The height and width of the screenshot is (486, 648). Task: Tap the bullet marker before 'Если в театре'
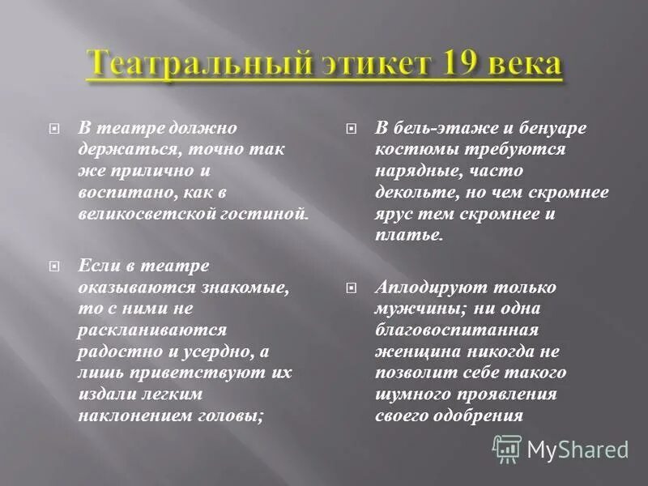tap(54, 266)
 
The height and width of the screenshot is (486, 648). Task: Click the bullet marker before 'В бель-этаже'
tap(351, 128)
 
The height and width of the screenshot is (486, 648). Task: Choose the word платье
tap(409, 235)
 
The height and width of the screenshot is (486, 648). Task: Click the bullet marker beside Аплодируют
tap(351, 288)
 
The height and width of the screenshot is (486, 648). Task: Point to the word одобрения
tap(479, 415)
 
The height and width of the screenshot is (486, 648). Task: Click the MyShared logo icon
tap(507, 448)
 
